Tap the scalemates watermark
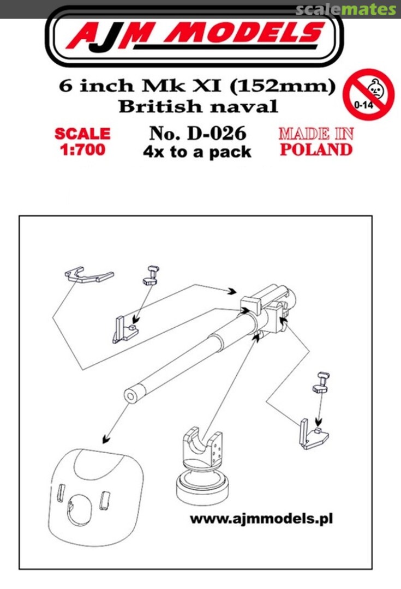point(345,9)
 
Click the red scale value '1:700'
point(82,149)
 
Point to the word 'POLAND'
point(316,149)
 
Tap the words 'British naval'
point(198,106)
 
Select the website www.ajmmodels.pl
point(261,518)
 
